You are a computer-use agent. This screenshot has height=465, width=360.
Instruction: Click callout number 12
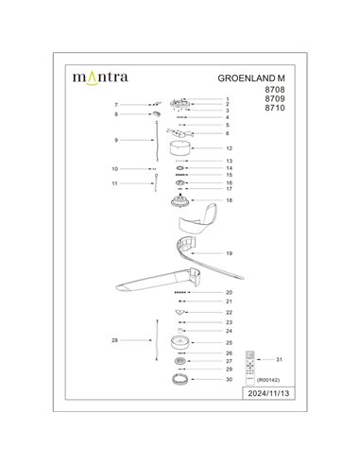pos(229,149)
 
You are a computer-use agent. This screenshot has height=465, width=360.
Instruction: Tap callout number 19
pos(229,254)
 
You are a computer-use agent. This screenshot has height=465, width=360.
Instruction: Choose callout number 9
pos(116,139)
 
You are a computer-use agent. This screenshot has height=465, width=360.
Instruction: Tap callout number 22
pos(229,312)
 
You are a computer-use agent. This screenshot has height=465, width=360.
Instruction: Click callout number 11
pos(116,183)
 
